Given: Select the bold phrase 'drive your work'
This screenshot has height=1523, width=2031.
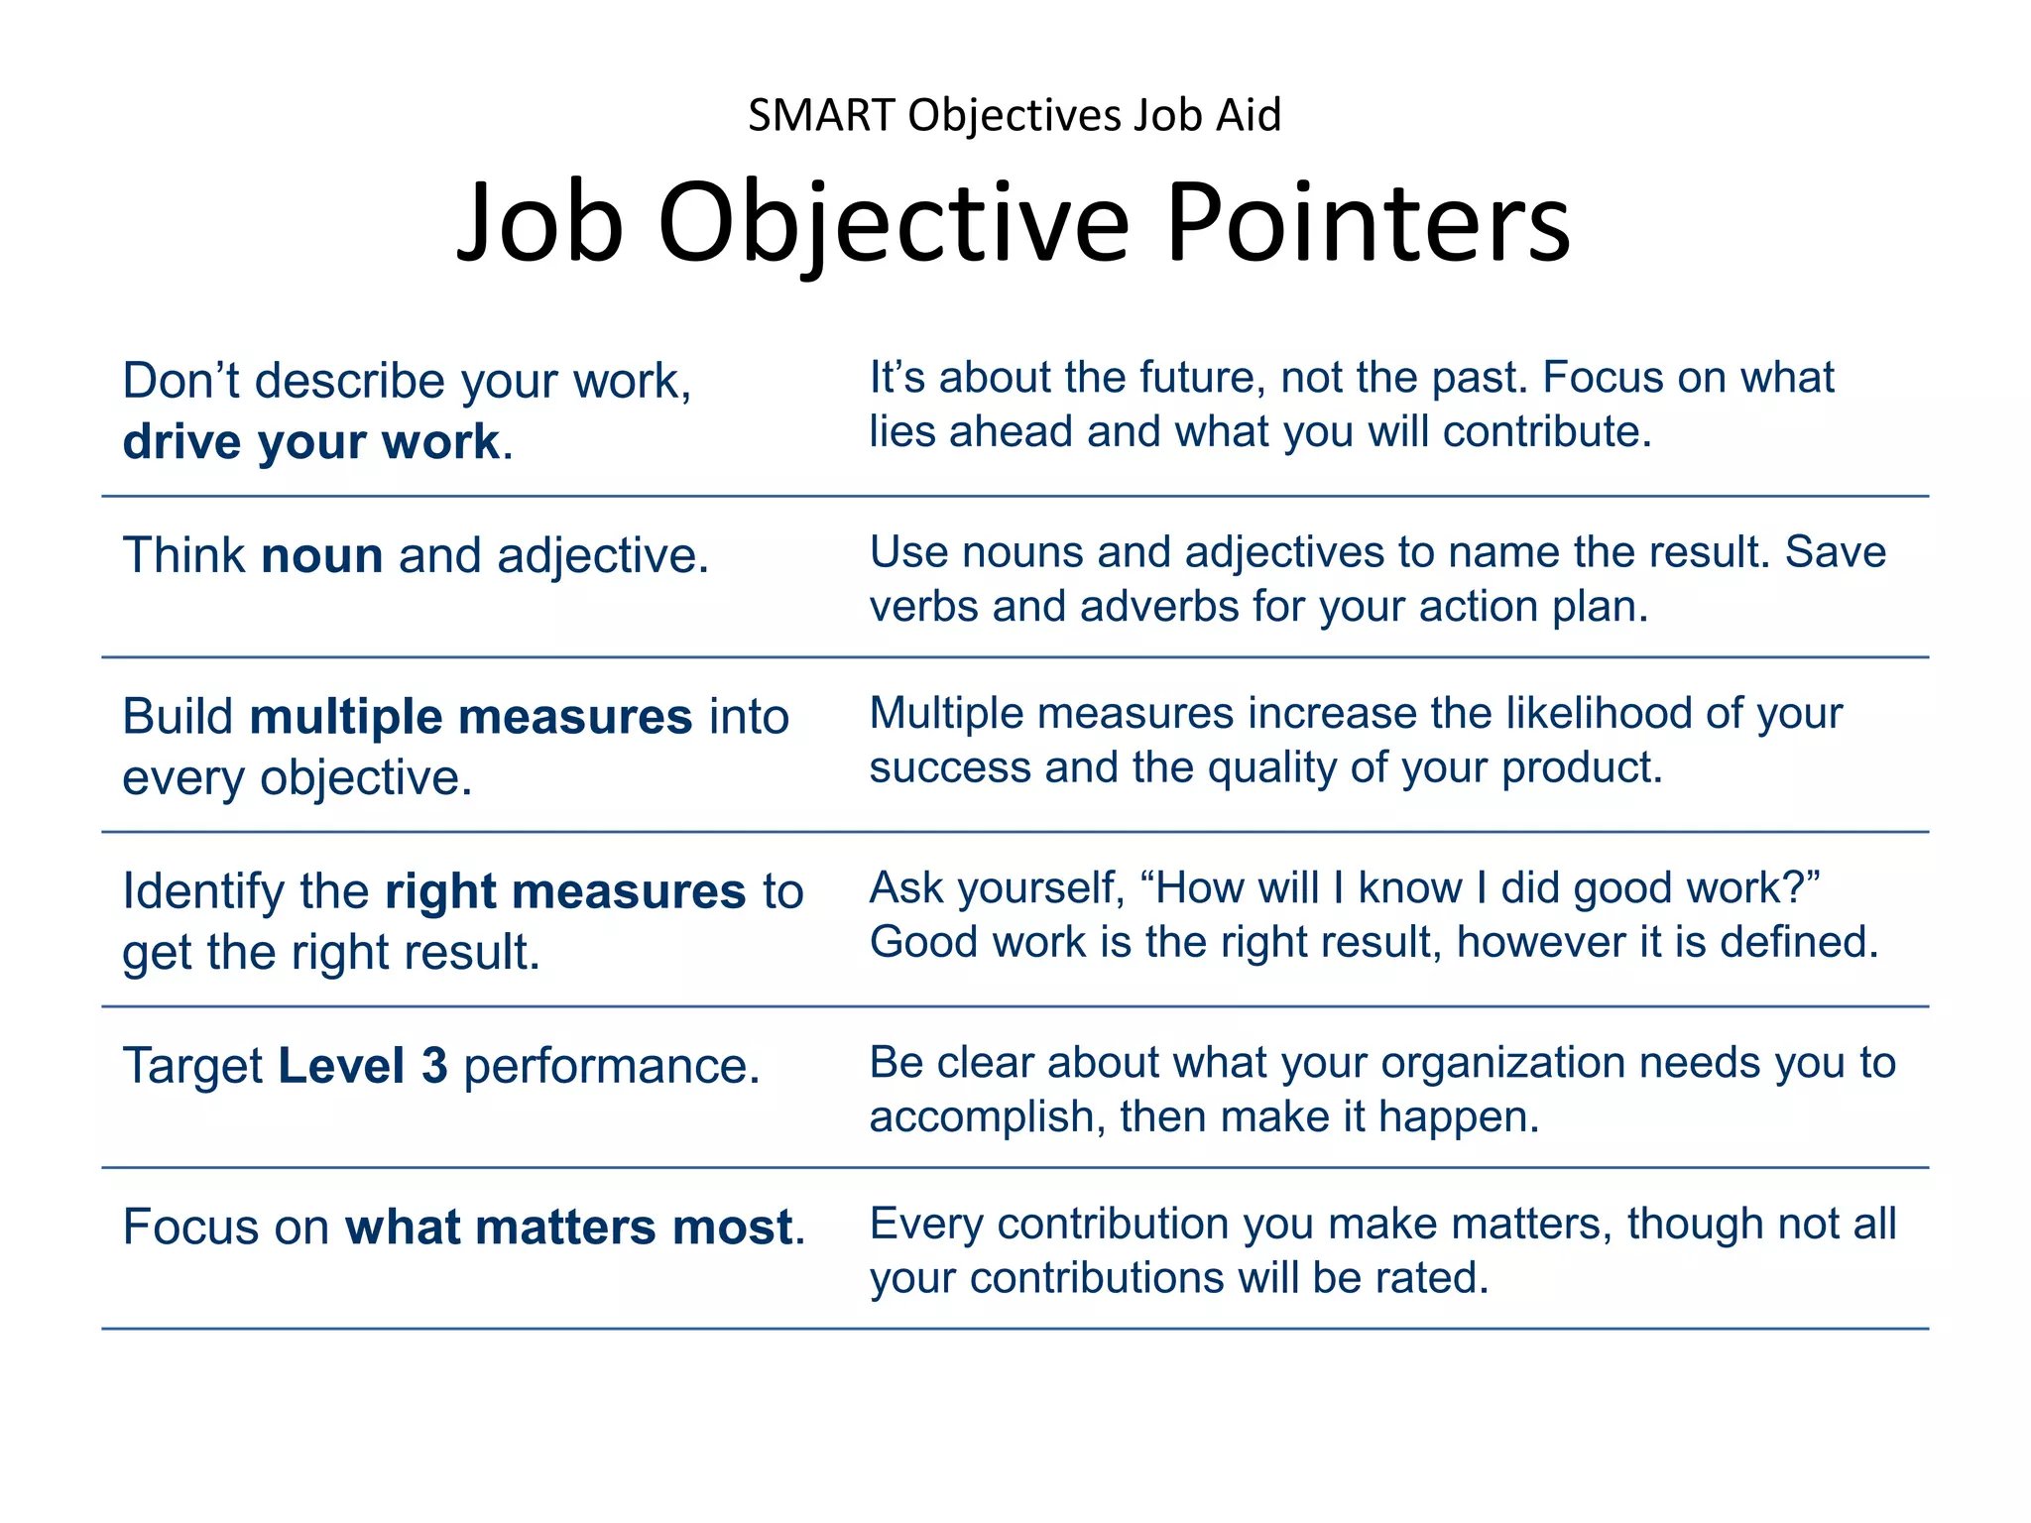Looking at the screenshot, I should click(x=310, y=441).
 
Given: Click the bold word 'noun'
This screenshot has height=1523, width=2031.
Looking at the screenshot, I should click(x=321, y=555).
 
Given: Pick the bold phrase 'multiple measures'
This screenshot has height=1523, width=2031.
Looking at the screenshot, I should click(x=470, y=717).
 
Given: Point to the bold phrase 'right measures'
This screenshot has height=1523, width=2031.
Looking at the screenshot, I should click(x=564, y=891).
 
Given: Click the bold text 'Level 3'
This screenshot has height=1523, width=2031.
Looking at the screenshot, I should click(x=362, y=1066).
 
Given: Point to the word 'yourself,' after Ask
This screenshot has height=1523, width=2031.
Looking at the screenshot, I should click(x=1041, y=888).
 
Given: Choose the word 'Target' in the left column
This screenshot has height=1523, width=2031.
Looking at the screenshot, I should click(x=192, y=1066).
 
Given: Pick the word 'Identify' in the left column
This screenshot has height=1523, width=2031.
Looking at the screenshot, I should click(x=203, y=891).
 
